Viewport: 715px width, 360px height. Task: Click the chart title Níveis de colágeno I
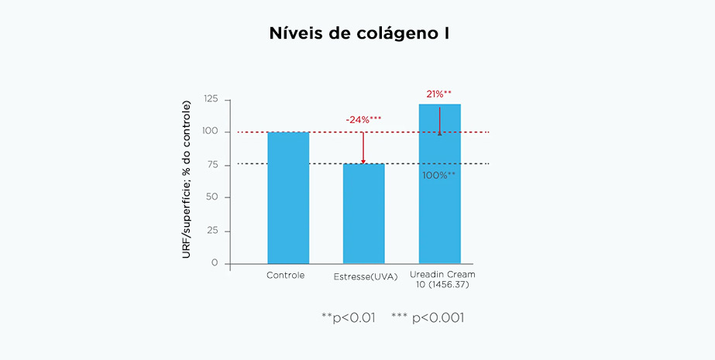357,33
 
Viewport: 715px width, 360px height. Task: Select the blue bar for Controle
288,197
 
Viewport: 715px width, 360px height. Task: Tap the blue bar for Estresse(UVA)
364,213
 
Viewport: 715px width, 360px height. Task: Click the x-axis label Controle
286,276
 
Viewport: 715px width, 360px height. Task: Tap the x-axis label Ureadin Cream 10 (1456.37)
442,280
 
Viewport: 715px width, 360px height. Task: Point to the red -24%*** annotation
363,120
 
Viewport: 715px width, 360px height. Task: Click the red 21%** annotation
438,94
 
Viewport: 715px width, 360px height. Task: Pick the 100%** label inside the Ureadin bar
438,176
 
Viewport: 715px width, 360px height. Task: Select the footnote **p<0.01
348,317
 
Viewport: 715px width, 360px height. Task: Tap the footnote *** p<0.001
428,317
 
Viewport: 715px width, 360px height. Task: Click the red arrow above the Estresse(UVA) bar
363,147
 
